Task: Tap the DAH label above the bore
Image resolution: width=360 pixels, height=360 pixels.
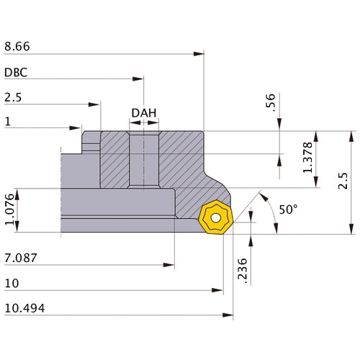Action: click(x=143, y=114)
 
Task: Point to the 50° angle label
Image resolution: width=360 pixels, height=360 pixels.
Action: click(x=288, y=210)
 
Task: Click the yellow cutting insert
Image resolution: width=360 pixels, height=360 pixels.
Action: click(x=215, y=217)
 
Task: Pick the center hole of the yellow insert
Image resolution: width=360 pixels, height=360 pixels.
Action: click(x=215, y=217)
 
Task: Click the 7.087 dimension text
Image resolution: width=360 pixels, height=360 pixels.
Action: click(x=19, y=258)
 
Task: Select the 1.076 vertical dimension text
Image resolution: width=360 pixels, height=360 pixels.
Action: click(x=9, y=210)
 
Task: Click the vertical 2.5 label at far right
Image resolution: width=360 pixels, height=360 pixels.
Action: click(x=343, y=181)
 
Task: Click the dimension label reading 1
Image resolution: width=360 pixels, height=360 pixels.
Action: click(x=7, y=122)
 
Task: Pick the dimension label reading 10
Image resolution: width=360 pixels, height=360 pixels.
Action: click(x=11, y=283)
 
